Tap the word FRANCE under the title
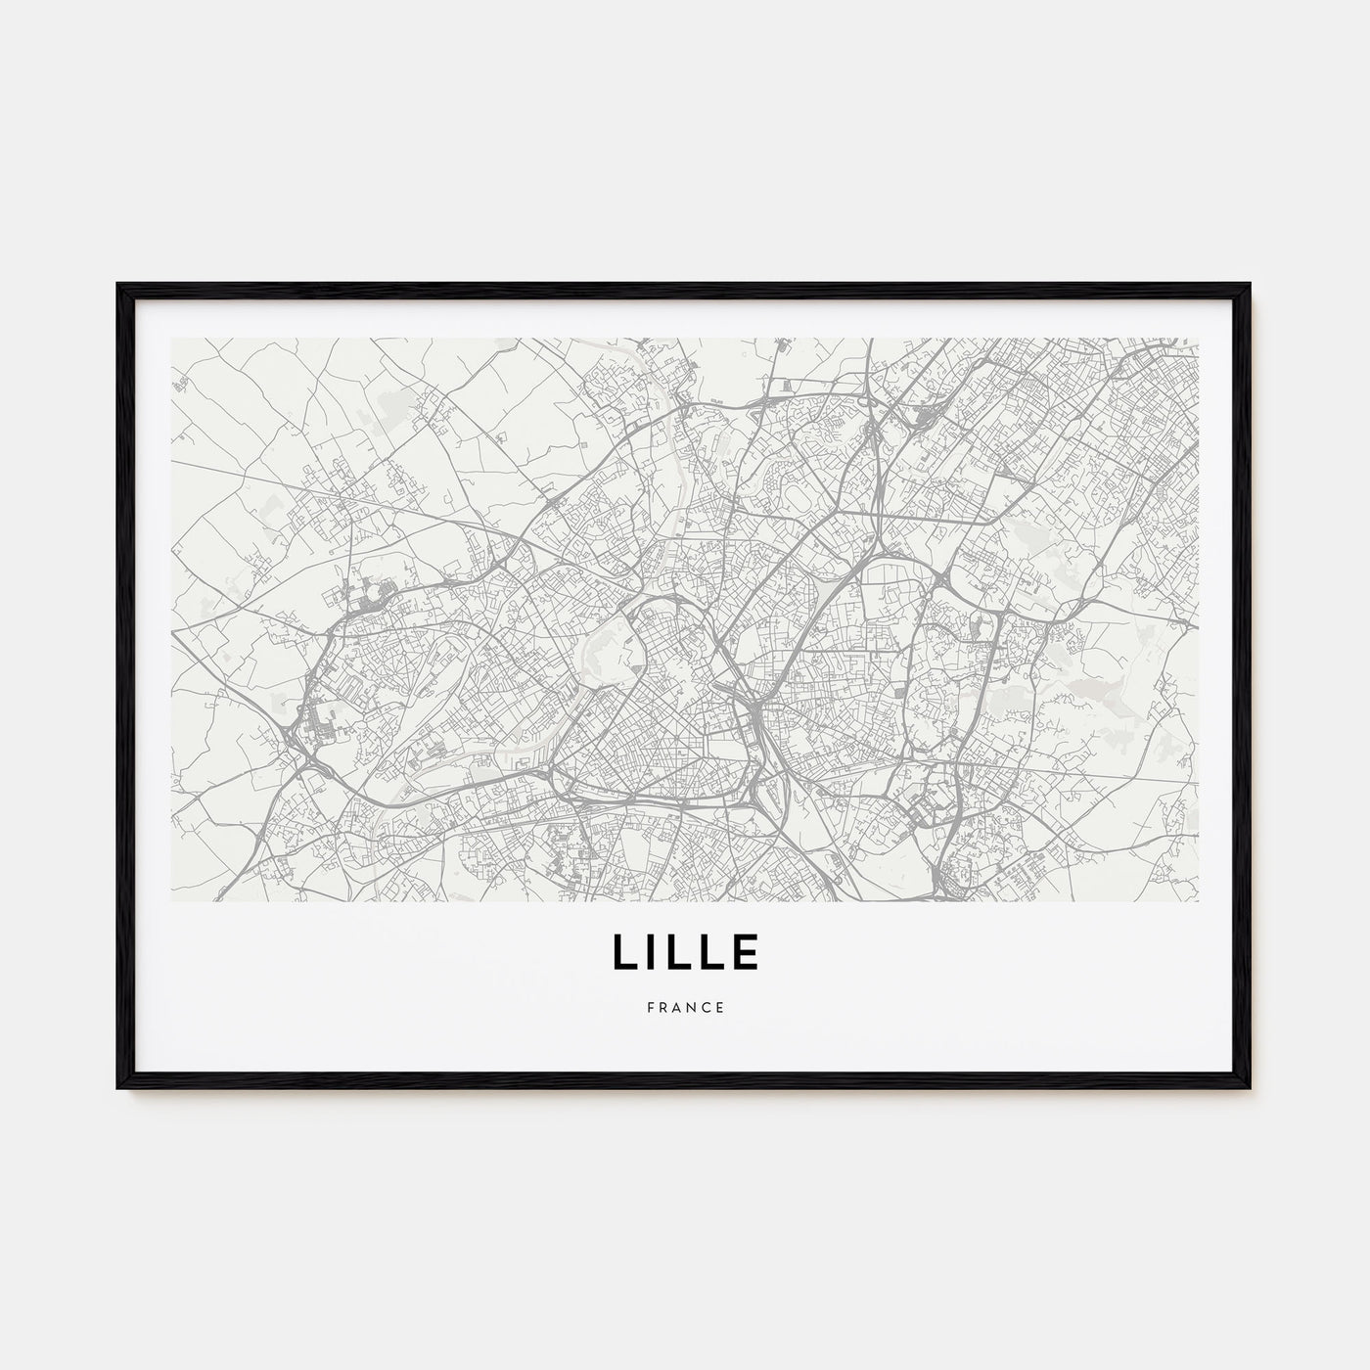685,1007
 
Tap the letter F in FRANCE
649,1007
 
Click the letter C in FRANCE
707,1007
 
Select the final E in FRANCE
721,1007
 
